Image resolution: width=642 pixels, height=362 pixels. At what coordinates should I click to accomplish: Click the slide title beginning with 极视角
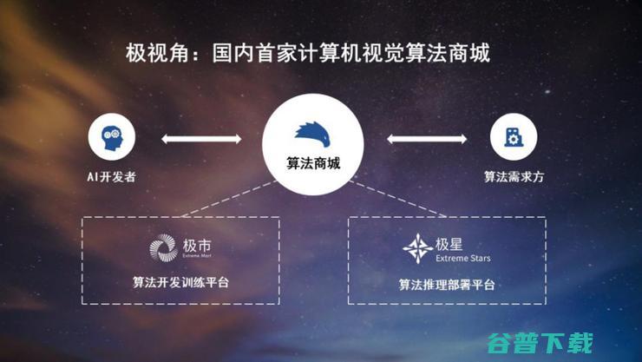pyautogui.click(x=309, y=54)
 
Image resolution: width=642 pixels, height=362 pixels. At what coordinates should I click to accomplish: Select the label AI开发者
pyautogui.click(x=111, y=176)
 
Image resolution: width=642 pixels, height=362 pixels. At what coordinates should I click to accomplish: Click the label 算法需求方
pyautogui.click(x=514, y=176)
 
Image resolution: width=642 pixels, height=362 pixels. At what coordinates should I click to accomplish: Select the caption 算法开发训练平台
pyautogui.click(x=181, y=281)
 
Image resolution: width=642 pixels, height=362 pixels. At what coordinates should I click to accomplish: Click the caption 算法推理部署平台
pyautogui.click(x=447, y=283)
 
